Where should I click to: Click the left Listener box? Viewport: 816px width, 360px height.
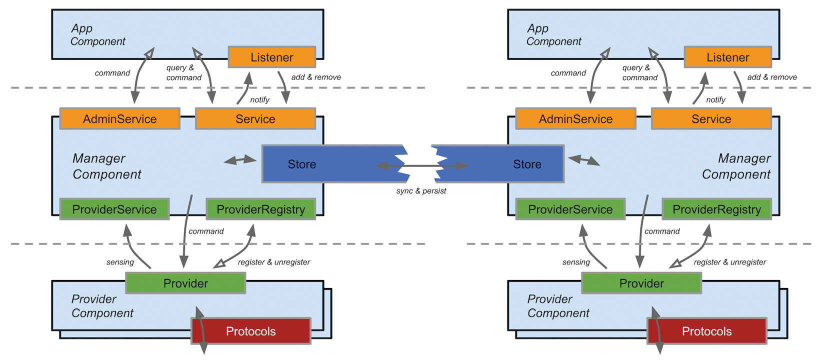coord(271,57)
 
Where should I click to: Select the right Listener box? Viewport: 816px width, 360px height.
coord(727,57)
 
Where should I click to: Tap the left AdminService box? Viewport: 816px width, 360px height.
coord(119,119)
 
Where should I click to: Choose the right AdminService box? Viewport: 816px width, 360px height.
coord(575,119)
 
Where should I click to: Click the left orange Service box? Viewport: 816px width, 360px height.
coord(255,119)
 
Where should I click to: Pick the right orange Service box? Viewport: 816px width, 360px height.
coord(711,119)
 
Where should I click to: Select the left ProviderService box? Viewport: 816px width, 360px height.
coord(114,209)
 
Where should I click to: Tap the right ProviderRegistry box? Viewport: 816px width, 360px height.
coord(716,209)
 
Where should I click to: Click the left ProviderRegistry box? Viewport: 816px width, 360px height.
coord(260,209)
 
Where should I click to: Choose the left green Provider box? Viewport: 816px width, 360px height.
coord(185,283)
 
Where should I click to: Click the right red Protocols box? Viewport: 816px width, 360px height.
coord(706,331)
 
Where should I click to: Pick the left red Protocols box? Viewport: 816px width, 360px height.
coord(250,331)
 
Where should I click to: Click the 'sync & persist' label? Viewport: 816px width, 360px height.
coord(421,191)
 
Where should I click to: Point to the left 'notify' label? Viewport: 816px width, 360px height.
coord(259,100)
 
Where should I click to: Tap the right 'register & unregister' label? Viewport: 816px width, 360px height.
coord(729,262)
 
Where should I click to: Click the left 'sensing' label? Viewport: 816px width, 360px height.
coord(120,262)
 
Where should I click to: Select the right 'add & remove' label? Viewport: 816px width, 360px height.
coord(772,77)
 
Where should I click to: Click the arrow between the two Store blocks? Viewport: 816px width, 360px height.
coord(421,165)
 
